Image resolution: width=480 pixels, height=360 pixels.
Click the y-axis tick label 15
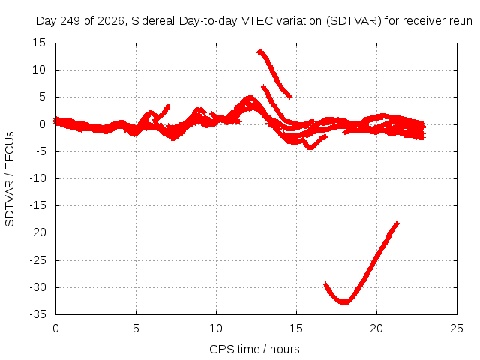(x=39, y=43)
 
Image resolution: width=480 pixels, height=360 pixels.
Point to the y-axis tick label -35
(x=37, y=314)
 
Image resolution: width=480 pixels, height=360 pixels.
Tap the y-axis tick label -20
(x=37, y=232)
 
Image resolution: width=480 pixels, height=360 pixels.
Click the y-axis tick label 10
(x=39, y=70)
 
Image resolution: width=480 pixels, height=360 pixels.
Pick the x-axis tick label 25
(x=457, y=328)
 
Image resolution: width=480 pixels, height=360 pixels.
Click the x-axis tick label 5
(x=136, y=328)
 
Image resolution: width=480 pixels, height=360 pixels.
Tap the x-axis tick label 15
(x=296, y=328)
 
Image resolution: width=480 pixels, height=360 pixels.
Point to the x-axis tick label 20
(x=376, y=328)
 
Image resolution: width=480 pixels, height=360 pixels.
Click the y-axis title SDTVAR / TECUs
(x=10, y=179)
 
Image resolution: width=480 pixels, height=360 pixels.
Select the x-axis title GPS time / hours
(x=254, y=349)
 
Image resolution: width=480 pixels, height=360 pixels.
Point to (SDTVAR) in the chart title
(x=354, y=21)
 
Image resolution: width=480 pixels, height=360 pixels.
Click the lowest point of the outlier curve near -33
(x=345, y=302)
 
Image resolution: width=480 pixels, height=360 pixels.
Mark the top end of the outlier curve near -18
(x=397, y=223)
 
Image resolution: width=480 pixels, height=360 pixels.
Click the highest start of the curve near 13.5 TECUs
(x=260, y=51)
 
